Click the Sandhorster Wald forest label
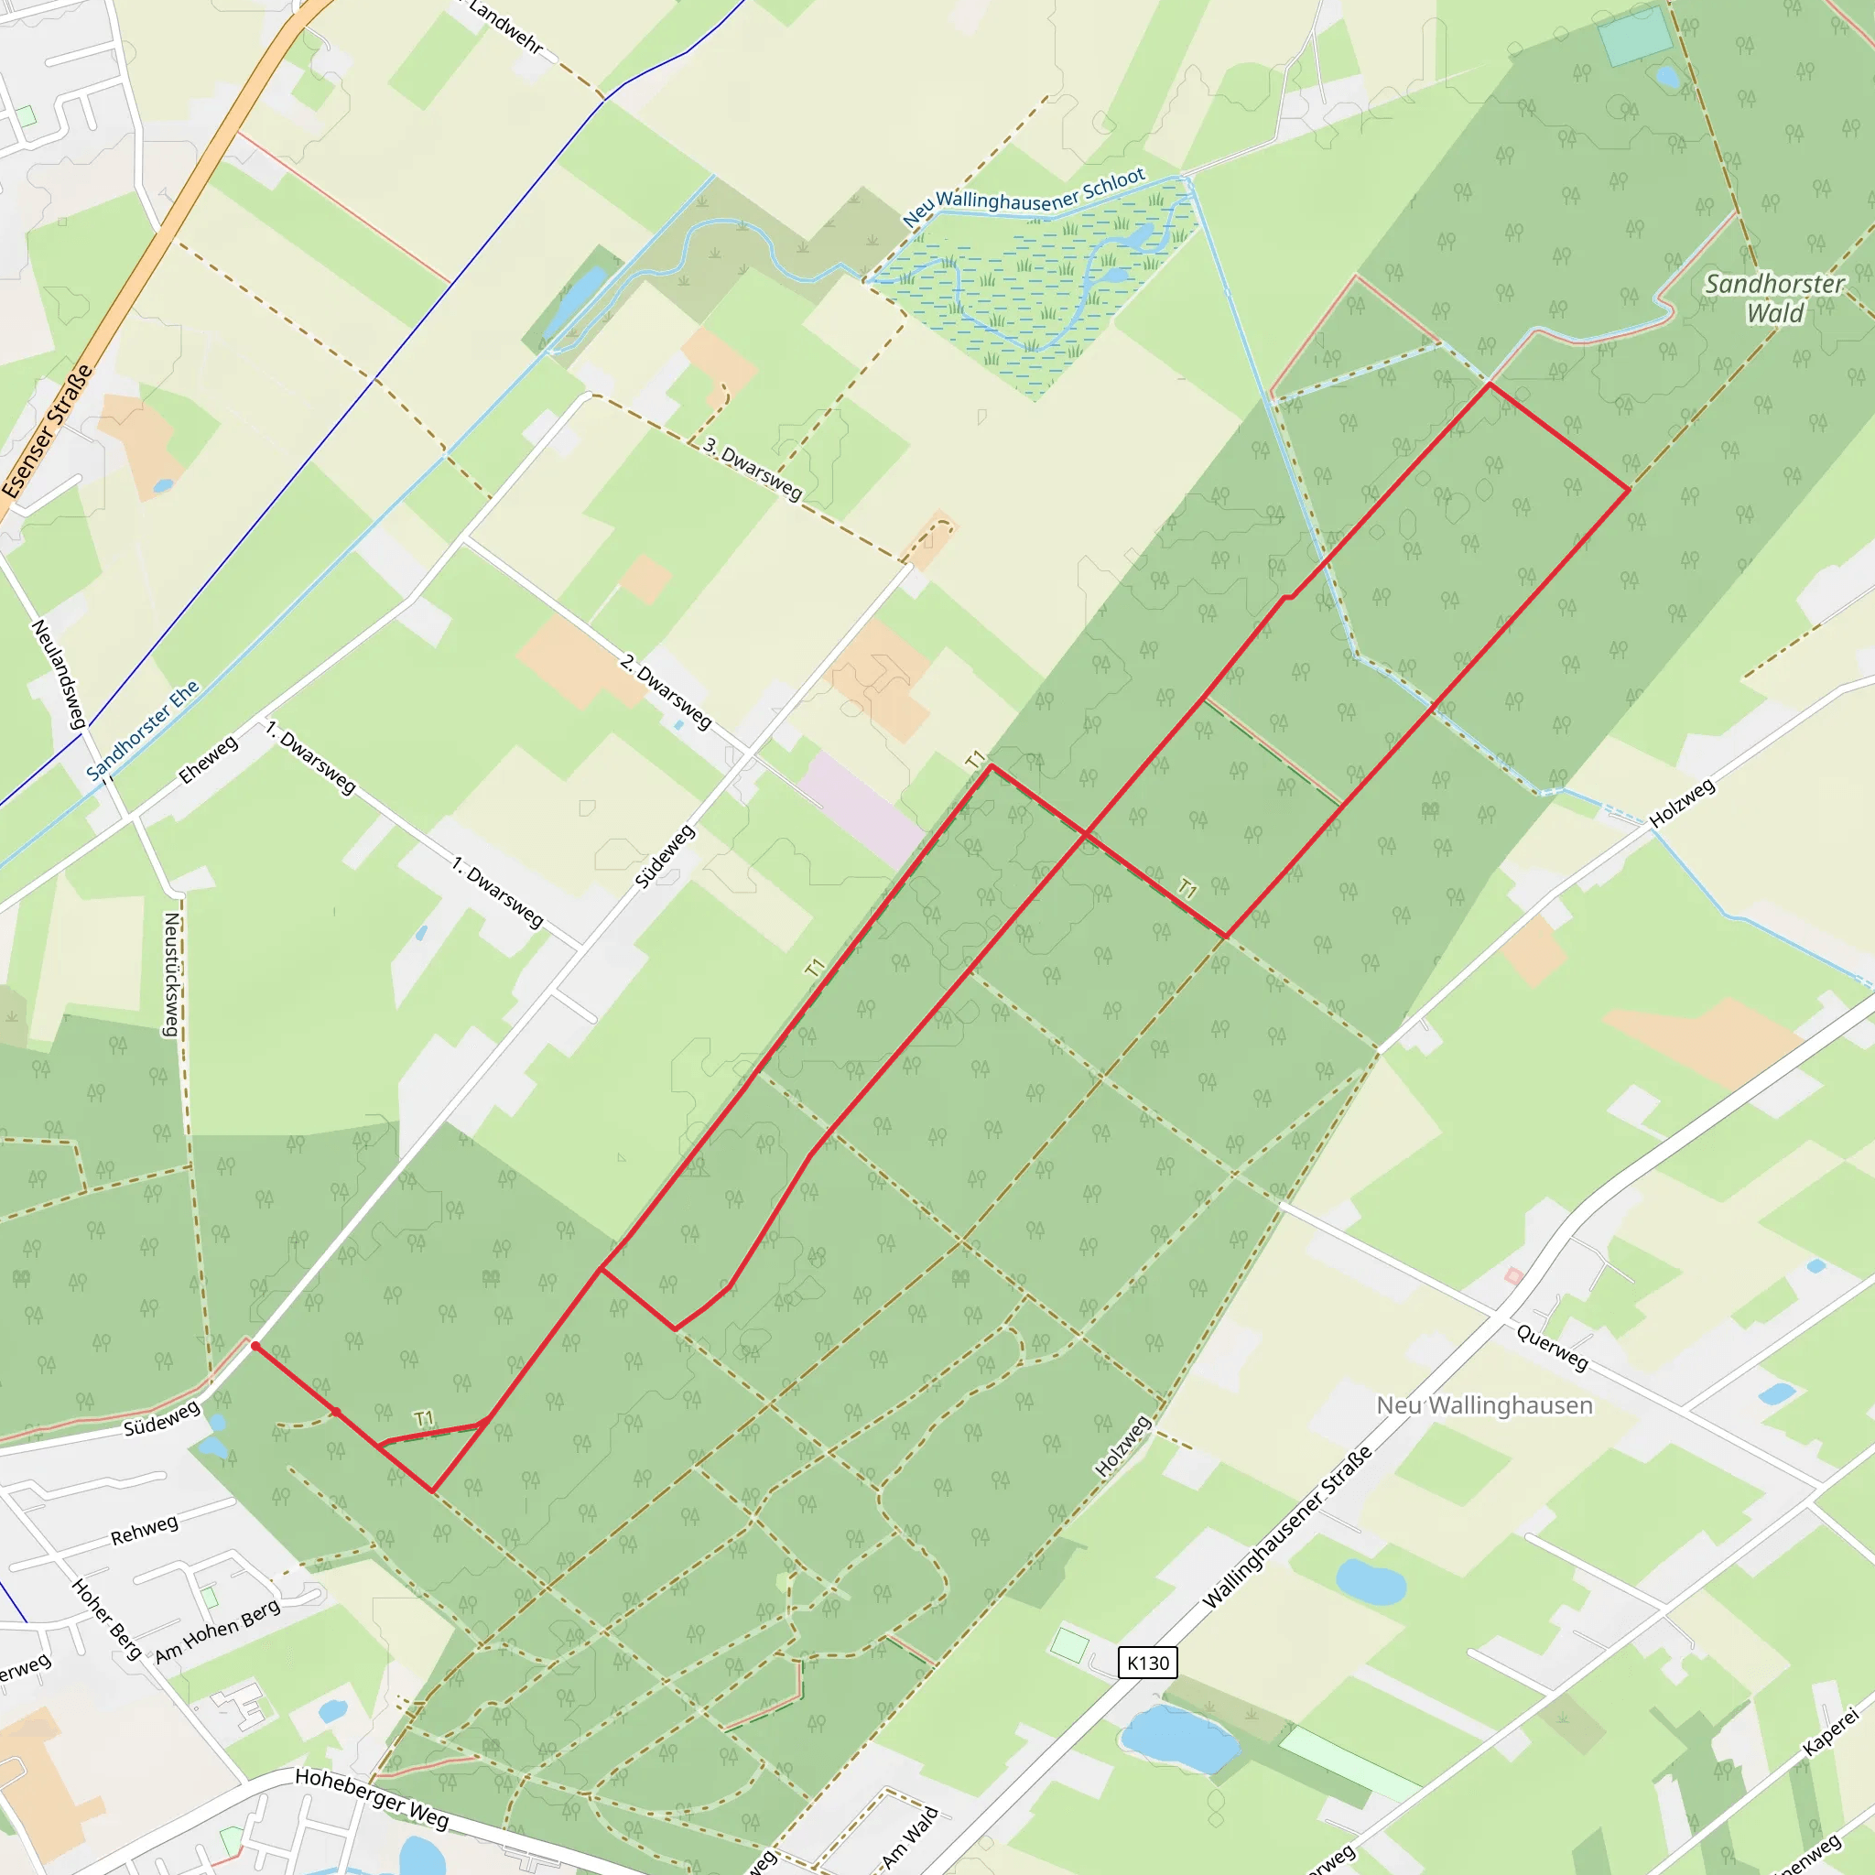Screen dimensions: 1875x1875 (1775, 298)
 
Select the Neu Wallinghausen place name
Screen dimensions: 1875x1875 (1484, 1405)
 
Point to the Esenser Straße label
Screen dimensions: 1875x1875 (48, 431)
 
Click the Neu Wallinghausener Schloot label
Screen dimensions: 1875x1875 (1024, 197)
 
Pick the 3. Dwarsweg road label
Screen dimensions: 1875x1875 (753, 469)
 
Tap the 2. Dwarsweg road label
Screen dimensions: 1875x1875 (666, 691)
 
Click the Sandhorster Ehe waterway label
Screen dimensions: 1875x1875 (143, 730)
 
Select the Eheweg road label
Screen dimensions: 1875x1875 (208, 760)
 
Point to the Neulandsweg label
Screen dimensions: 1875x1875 (60, 674)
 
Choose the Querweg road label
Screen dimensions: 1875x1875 (1553, 1348)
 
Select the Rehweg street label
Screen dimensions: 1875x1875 (145, 1531)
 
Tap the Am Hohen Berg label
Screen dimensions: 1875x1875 (219, 1631)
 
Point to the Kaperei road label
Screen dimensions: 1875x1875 (1830, 1731)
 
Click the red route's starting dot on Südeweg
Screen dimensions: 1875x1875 (255, 1346)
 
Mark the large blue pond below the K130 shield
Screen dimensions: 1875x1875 (1178, 1740)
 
